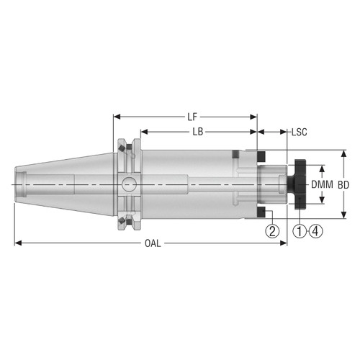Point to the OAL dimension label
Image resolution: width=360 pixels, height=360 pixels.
pyautogui.click(x=150, y=243)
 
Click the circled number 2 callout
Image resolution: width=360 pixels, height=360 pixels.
pyautogui.click(x=271, y=231)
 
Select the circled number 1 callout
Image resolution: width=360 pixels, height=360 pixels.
pyautogui.click(x=300, y=231)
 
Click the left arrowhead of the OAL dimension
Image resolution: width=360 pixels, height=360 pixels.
pyautogui.click(x=18, y=243)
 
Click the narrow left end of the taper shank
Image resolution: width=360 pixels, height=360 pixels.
pyautogui.click(x=17, y=184)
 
